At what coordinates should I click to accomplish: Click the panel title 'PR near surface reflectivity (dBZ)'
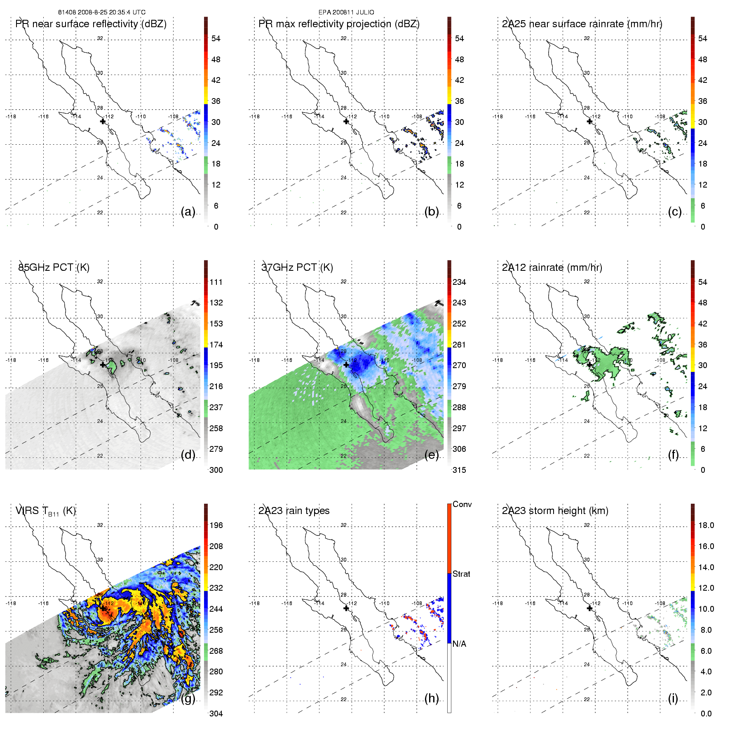(x=91, y=24)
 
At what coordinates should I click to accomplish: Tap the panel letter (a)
(x=188, y=212)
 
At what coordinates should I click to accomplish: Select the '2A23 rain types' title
(x=294, y=511)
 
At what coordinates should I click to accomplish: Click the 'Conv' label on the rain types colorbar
(x=462, y=504)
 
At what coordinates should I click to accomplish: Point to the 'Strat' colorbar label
(x=461, y=574)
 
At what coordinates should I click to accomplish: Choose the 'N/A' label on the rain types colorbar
(x=459, y=644)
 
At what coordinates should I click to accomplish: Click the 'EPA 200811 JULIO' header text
(x=346, y=12)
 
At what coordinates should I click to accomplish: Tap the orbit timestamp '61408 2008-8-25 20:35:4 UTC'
(x=102, y=12)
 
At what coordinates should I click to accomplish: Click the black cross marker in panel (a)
(x=103, y=121)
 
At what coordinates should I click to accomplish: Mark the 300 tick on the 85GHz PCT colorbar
(x=216, y=470)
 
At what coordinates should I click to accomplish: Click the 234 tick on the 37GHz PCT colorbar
(x=459, y=282)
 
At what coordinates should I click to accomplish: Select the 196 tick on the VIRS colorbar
(x=216, y=525)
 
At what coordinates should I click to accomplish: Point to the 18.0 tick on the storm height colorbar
(x=706, y=525)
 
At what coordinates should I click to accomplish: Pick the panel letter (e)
(x=431, y=455)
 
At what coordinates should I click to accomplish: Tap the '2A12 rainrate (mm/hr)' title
(x=552, y=268)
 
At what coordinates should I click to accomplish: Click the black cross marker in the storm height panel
(x=589, y=608)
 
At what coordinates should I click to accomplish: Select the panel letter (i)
(x=673, y=698)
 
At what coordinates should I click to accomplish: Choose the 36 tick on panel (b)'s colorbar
(x=459, y=101)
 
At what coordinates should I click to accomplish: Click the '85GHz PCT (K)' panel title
(x=54, y=268)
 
